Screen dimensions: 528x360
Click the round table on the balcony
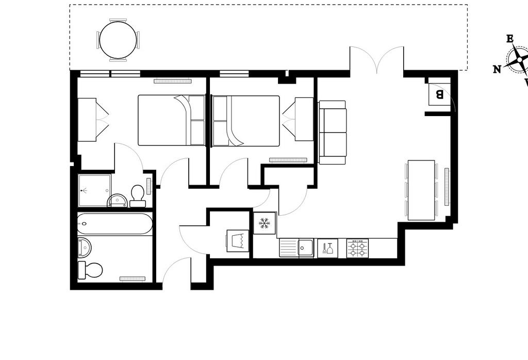tap(118, 40)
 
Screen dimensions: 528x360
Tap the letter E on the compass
tap(510, 39)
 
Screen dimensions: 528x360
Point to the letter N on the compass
tap(497, 70)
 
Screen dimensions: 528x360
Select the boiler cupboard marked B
tap(439, 94)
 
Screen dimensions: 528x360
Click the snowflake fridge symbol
tap(265, 223)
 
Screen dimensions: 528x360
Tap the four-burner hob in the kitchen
tap(357, 249)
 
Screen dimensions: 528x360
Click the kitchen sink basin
tap(306, 248)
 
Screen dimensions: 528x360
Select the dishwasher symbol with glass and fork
tap(327, 249)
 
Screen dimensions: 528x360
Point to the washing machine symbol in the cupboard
tap(238, 241)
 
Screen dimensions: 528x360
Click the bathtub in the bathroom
tap(115, 224)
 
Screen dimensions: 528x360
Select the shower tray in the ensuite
tap(94, 190)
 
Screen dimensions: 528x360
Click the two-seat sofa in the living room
tap(333, 133)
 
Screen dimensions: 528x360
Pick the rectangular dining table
tap(421, 190)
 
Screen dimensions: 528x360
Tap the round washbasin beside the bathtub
tap(85, 247)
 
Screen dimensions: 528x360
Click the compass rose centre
tap(520, 60)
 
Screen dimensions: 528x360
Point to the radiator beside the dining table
tap(447, 187)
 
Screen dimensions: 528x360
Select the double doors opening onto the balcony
tap(377, 60)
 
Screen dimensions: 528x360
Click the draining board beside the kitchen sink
tap(289, 248)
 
